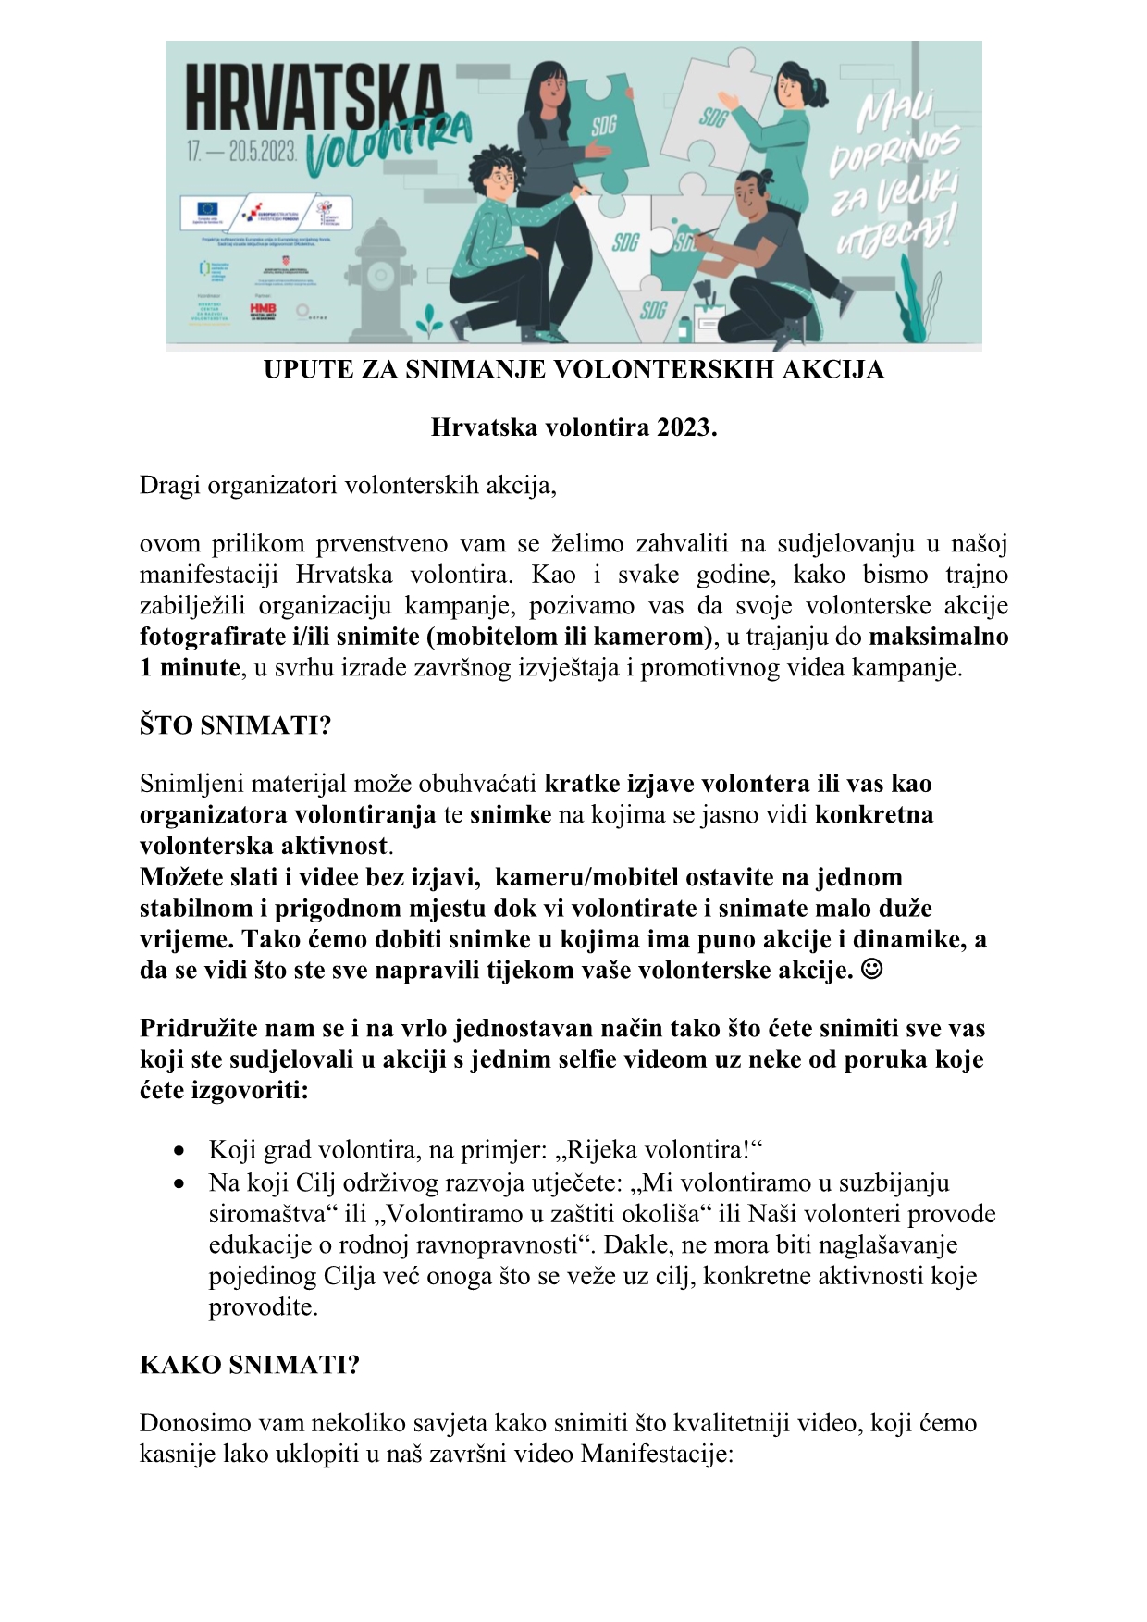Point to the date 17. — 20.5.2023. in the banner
pos(241,152)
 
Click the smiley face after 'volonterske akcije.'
pos(871,971)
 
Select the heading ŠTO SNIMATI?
pos(235,725)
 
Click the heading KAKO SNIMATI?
pos(249,1365)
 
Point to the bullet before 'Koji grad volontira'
pos(179,1151)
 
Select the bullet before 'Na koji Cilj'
pos(179,1183)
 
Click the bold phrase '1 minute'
pos(190,668)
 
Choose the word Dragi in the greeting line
pos(169,486)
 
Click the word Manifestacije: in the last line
pos(657,1454)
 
